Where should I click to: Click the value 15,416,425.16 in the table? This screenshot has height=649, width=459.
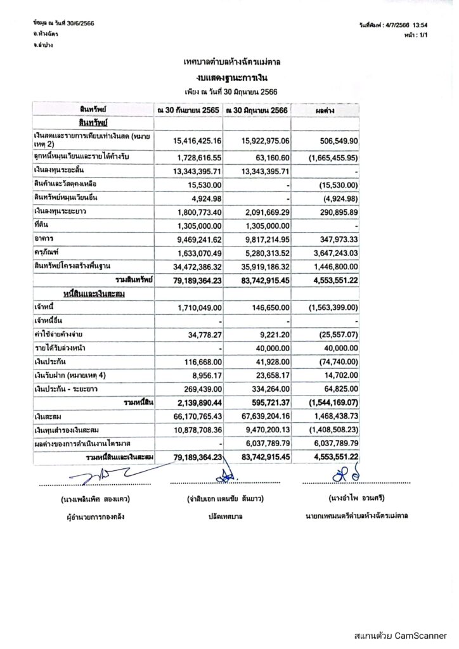196,140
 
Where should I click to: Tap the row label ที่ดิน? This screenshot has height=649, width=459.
44,226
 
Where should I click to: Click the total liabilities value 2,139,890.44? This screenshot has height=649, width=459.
196,402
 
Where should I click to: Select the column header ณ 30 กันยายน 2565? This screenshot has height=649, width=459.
189,110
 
